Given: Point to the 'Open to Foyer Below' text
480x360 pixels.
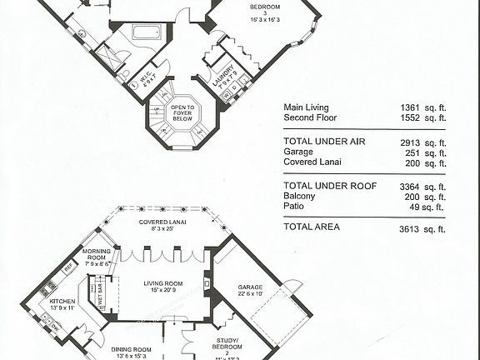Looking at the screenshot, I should pyautogui.click(x=182, y=112).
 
